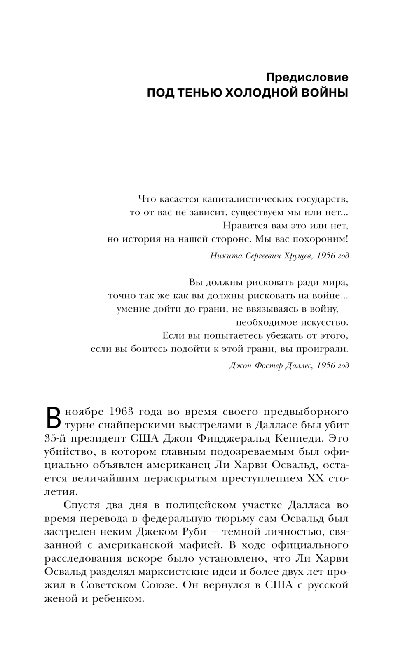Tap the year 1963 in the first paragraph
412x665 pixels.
point(124,412)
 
